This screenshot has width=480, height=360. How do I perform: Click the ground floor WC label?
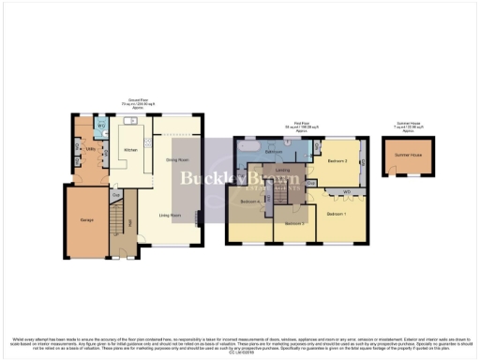[x=100, y=127]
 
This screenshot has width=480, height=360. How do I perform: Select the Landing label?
[x=281, y=170]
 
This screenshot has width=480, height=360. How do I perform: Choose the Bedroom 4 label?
[x=249, y=202]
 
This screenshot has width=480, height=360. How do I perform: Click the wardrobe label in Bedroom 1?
[x=346, y=192]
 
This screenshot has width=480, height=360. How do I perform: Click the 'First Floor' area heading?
[x=296, y=125]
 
